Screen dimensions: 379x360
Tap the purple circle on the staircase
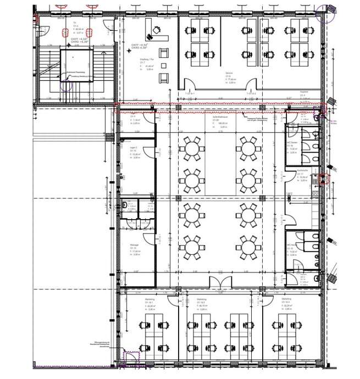pos(67,85)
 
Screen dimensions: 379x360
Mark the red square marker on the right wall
pos(325,178)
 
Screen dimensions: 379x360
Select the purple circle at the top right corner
pos(330,11)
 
